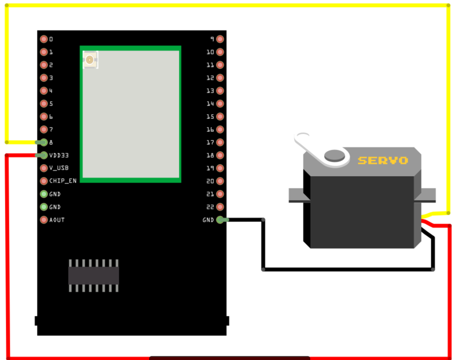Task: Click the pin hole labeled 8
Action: click(x=44, y=143)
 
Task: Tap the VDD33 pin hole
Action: click(x=44, y=155)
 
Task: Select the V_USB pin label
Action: click(x=59, y=168)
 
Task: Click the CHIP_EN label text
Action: click(x=63, y=181)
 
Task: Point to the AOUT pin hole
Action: click(x=44, y=220)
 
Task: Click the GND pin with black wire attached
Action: click(x=220, y=220)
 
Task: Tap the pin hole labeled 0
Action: click(x=44, y=39)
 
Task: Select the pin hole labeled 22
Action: click(x=220, y=207)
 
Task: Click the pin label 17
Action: click(x=211, y=143)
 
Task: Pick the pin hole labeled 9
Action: click(x=220, y=39)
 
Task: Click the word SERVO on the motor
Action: click(x=383, y=160)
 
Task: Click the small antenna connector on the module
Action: click(x=90, y=60)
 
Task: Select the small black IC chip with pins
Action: click(x=93, y=275)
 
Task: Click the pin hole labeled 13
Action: click(x=220, y=91)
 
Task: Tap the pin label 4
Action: click(x=51, y=91)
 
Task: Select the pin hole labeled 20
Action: click(x=220, y=181)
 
